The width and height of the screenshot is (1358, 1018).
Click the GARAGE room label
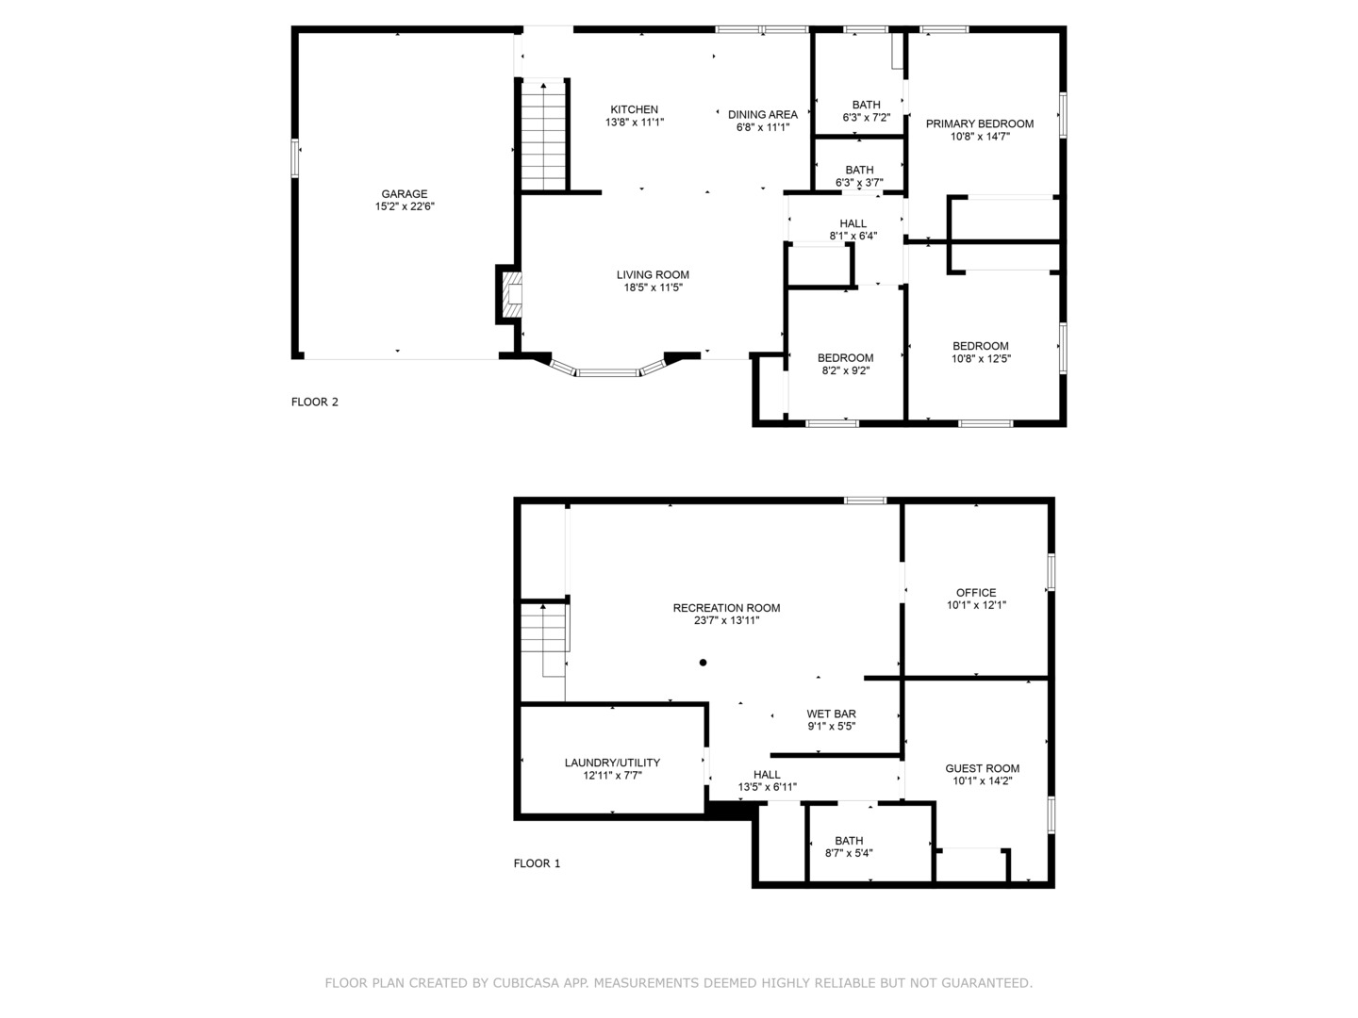[x=404, y=194]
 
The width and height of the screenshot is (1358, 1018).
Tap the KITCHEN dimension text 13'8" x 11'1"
[x=634, y=123]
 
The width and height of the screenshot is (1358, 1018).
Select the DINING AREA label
[x=762, y=115]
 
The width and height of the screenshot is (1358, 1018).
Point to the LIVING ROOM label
[x=653, y=275]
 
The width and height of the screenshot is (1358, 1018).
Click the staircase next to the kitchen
[x=544, y=137]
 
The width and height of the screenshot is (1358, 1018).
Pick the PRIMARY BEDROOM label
[x=979, y=123]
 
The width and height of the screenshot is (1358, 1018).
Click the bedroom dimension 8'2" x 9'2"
[x=845, y=371]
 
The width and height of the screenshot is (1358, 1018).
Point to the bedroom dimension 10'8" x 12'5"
[x=981, y=359]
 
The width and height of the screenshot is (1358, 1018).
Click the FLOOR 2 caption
[x=314, y=402]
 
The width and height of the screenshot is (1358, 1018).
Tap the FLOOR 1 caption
[x=537, y=863]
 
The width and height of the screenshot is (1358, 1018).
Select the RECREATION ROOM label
[x=726, y=608]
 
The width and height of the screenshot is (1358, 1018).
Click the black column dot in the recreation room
[x=703, y=663]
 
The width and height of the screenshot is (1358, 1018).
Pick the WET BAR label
[x=831, y=714]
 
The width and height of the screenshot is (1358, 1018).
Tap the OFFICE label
[x=976, y=593]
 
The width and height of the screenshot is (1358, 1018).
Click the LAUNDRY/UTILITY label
[x=612, y=763]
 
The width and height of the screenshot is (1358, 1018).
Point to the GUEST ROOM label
[x=982, y=768]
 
